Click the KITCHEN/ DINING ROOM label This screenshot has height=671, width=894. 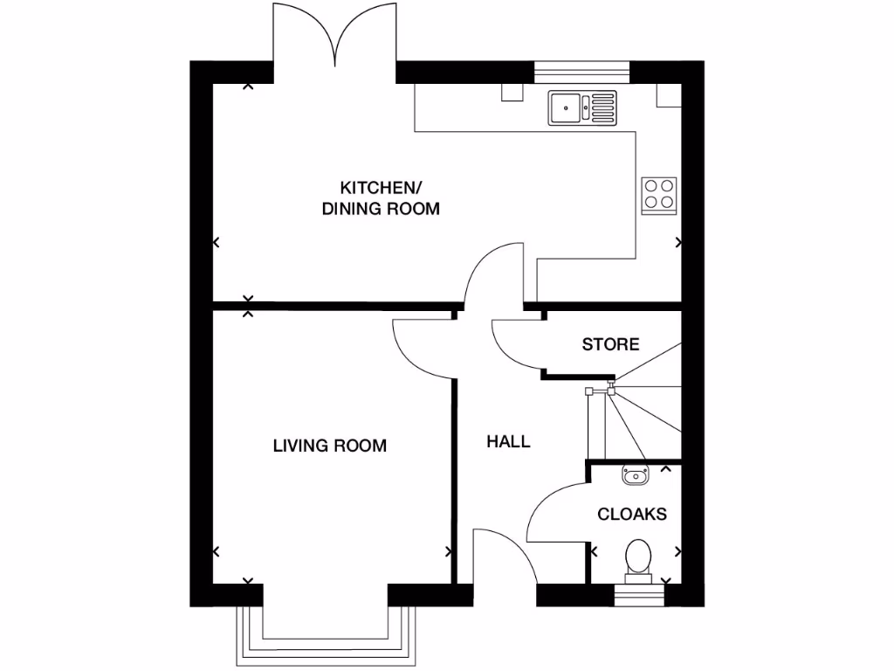pyautogui.click(x=381, y=198)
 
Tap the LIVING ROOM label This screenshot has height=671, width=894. pyautogui.click(x=329, y=446)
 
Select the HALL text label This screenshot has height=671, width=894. pyautogui.click(x=508, y=442)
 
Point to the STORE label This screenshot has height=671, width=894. pyautogui.click(x=610, y=344)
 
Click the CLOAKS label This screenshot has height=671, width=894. pyautogui.click(x=632, y=514)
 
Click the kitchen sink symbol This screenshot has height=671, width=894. pyautogui.click(x=582, y=108)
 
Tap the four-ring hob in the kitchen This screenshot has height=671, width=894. pyautogui.click(x=659, y=194)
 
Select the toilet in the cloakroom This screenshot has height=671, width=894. pyautogui.click(x=638, y=559)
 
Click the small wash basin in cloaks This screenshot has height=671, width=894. pyautogui.click(x=634, y=476)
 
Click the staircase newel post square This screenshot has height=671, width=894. pyautogui.click(x=588, y=391)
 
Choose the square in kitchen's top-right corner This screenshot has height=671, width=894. pyautogui.click(x=668, y=95)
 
